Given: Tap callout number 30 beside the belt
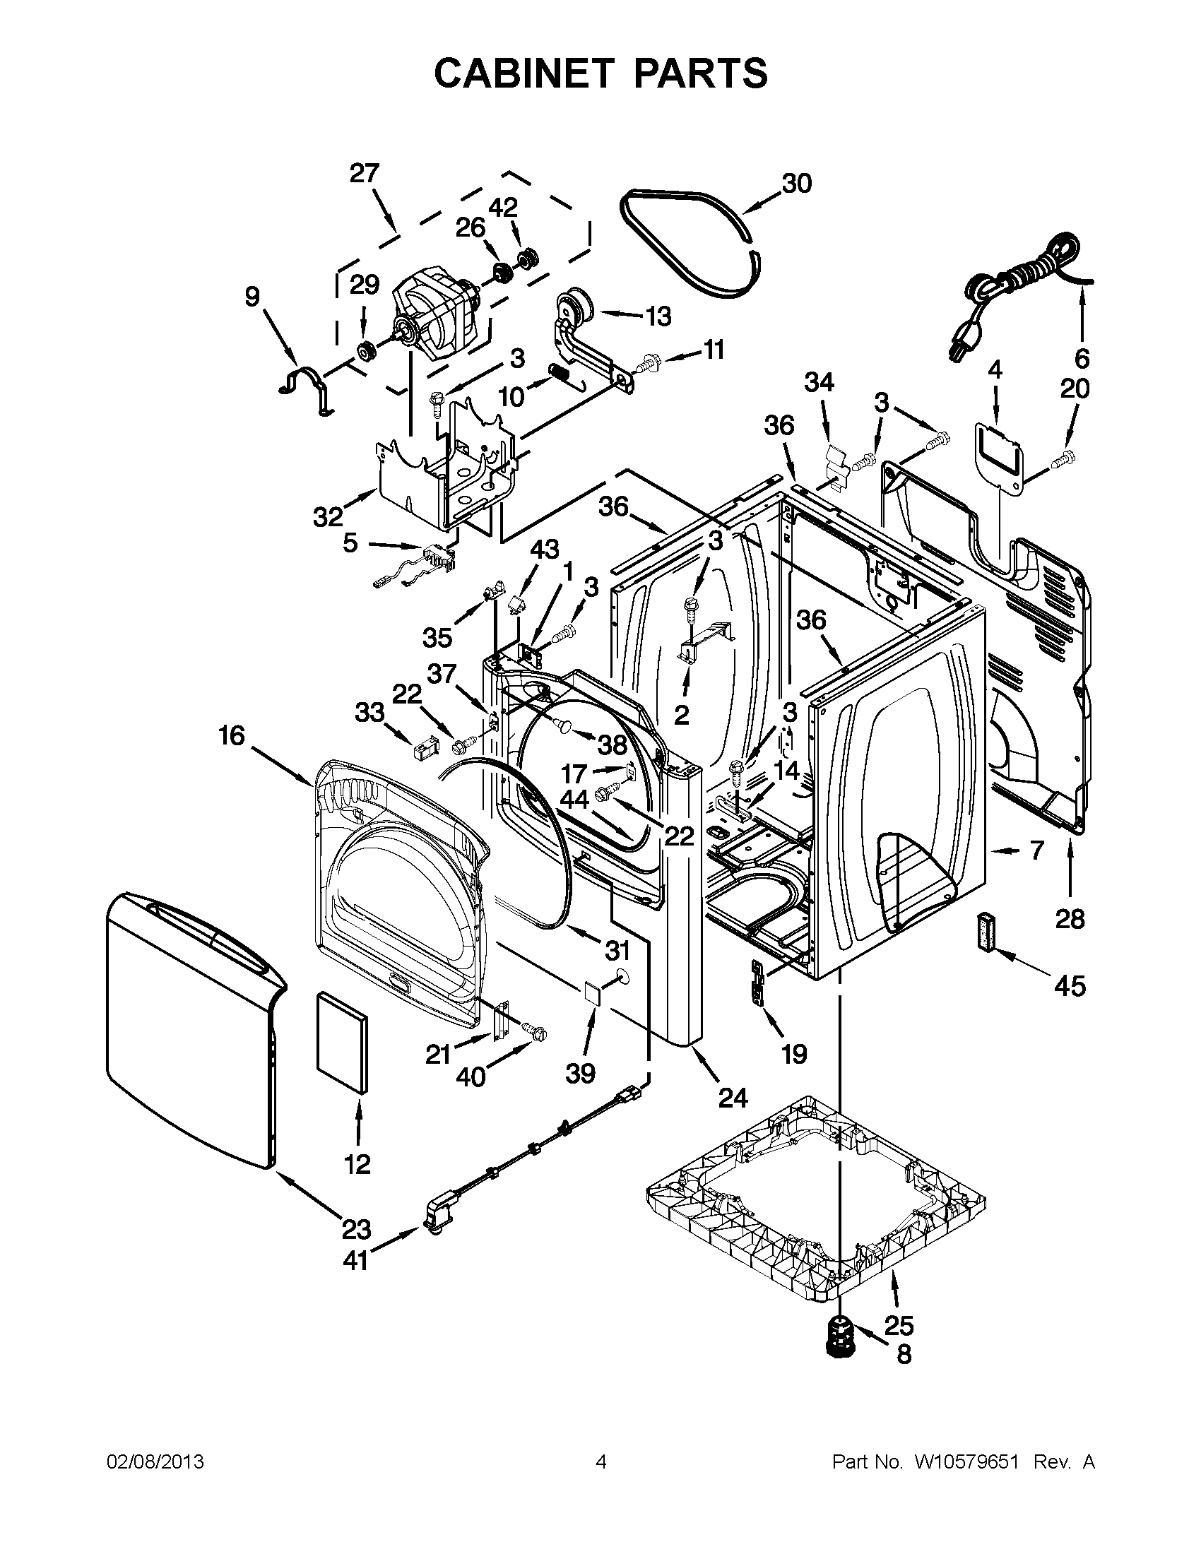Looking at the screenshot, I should [796, 184].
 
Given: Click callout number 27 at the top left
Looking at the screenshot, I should [365, 173].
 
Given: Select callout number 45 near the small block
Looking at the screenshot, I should [1070, 985].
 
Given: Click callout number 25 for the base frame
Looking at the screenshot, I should [899, 1326].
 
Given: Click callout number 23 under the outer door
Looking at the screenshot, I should [356, 1229].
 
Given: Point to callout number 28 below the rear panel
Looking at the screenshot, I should [1070, 918].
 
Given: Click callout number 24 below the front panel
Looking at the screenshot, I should [733, 1098].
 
